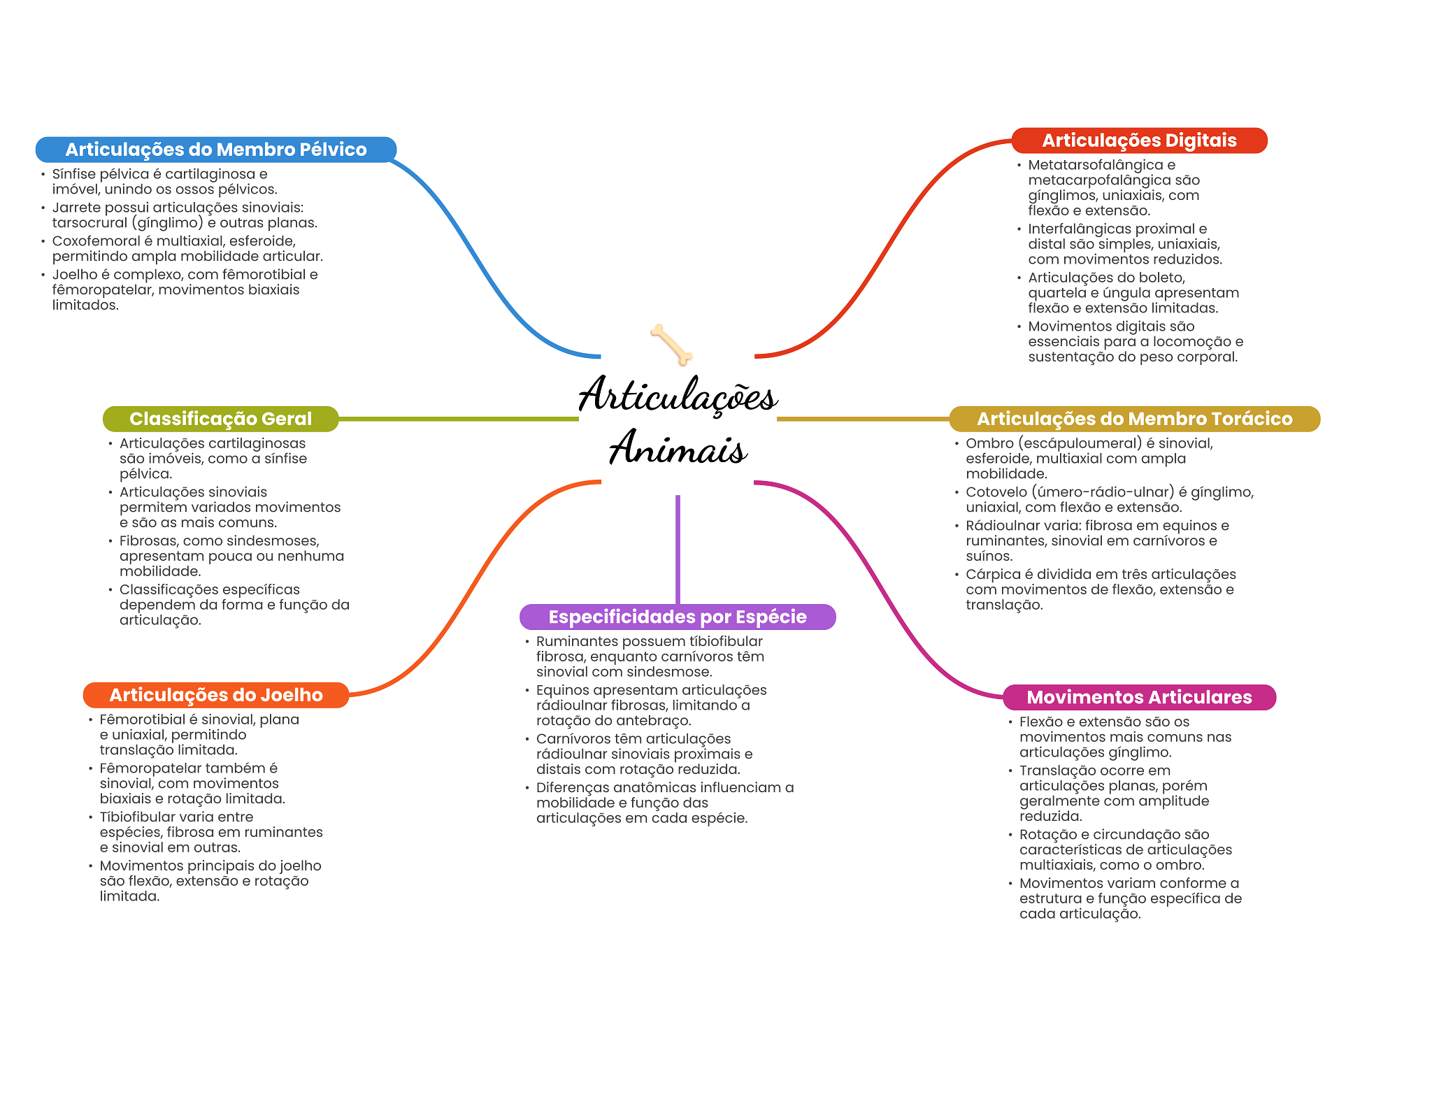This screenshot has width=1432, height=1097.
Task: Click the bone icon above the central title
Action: pyautogui.click(x=671, y=343)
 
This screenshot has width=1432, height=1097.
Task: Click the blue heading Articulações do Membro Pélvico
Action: pyautogui.click(x=215, y=150)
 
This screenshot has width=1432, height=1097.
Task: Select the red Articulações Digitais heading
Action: pyautogui.click(x=1138, y=141)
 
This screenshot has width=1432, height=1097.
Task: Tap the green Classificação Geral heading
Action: pyautogui.click(x=220, y=419)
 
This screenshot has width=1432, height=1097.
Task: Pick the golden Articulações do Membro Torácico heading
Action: pyautogui.click(x=1133, y=419)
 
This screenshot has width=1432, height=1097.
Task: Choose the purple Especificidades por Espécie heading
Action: pyautogui.click(x=677, y=617)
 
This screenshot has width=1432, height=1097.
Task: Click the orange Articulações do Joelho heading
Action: pyautogui.click(x=215, y=695)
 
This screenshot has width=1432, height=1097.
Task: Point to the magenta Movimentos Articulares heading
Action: pyautogui.click(x=1138, y=697)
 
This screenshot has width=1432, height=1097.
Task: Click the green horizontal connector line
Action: pyautogui.click(x=458, y=419)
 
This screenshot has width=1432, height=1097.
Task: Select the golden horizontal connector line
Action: pyautogui.click(x=862, y=419)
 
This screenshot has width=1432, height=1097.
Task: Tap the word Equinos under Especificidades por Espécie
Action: pyautogui.click(x=561, y=690)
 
